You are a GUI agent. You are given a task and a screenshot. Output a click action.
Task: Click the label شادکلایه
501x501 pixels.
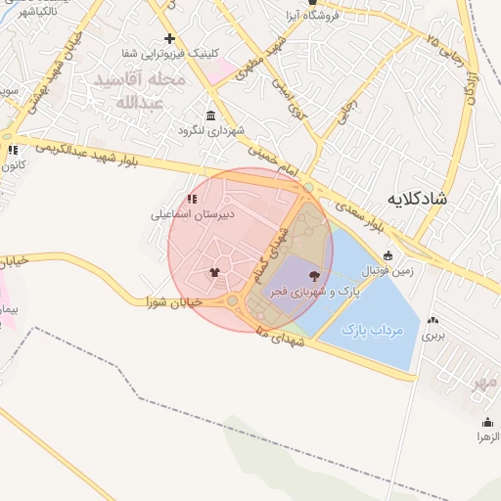(416, 198)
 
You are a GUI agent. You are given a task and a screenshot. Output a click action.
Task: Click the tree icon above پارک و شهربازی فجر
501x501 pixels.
(314, 276)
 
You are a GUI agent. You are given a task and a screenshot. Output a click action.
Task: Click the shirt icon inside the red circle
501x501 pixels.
(214, 272)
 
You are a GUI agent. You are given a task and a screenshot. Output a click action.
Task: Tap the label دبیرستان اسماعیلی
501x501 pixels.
(193, 212)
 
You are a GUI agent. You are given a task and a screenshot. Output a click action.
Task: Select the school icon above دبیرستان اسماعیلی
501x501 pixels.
(191, 199)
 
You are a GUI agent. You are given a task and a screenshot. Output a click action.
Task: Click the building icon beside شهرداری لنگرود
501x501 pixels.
(210, 114)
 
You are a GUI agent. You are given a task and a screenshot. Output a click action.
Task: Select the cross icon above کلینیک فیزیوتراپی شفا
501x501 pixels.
(169, 39)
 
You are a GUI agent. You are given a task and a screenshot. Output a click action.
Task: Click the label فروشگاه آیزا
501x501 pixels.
(335, 16)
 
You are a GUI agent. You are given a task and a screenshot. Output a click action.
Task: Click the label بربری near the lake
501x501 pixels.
(433, 335)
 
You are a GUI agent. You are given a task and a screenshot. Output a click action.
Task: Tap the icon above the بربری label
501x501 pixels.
(433, 320)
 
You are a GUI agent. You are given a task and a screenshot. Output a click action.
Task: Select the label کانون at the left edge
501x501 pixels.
(11, 165)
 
